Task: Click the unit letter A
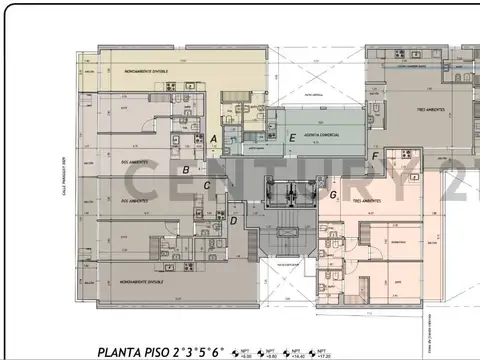click(214, 138)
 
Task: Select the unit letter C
click(207, 185)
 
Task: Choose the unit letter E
click(291, 138)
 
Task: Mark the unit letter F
click(375, 157)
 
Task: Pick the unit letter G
click(333, 194)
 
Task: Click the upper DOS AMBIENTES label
click(136, 160)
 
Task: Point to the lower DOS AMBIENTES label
click(136, 200)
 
